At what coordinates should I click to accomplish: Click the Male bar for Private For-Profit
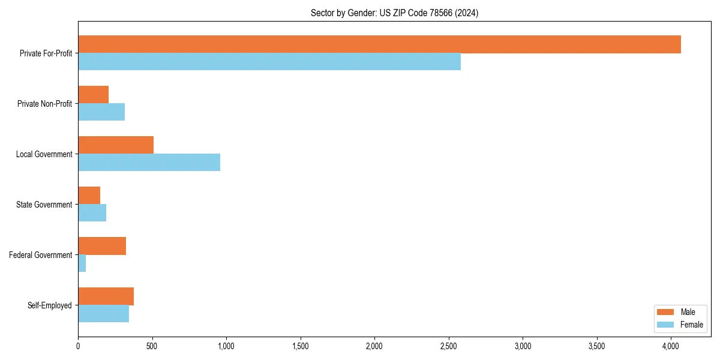click(x=379, y=44)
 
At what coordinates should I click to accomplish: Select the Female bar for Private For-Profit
click(x=269, y=62)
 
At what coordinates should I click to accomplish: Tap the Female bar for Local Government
click(x=149, y=163)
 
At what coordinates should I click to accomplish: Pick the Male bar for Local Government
click(x=116, y=145)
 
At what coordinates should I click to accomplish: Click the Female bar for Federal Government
click(x=82, y=263)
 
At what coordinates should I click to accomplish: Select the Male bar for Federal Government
click(x=102, y=246)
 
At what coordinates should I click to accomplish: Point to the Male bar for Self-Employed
click(x=106, y=296)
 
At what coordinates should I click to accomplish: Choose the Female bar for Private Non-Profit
click(x=101, y=112)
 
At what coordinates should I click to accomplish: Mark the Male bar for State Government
click(x=89, y=196)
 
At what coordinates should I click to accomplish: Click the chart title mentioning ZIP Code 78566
click(x=394, y=13)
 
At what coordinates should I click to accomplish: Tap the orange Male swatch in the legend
click(x=666, y=312)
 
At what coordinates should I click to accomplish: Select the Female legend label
click(x=692, y=325)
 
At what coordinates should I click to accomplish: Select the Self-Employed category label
click(x=49, y=305)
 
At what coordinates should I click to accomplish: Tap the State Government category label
click(x=44, y=205)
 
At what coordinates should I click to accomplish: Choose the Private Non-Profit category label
click(x=44, y=104)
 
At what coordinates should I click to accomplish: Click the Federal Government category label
click(x=41, y=255)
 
